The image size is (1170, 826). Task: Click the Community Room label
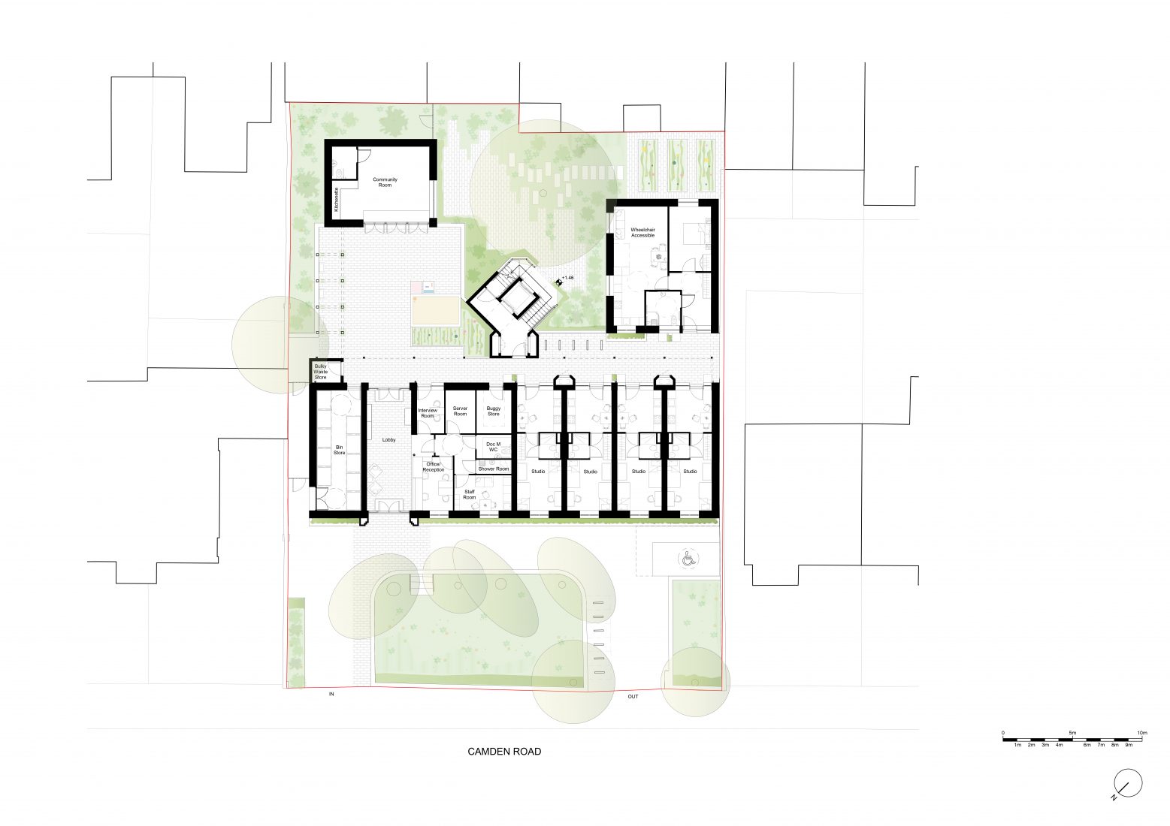(x=385, y=182)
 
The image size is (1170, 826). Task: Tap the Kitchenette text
(x=337, y=202)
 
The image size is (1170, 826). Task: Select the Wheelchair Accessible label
(x=642, y=233)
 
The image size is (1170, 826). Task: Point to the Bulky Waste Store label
(x=321, y=372)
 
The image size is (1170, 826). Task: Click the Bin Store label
(x=339, y=451)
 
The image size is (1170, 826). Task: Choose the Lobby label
(x=388, y=440)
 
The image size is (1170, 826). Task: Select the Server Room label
(x=460, y=411)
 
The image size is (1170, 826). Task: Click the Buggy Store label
(x=493, y=411)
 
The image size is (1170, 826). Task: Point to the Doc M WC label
(x=494, y=448)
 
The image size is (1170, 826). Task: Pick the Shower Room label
(x=494, y=469)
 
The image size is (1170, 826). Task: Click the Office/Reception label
(x=434, y=467)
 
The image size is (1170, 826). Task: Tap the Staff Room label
(x=470, y=495)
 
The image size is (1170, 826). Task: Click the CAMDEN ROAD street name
(x=504, y=751)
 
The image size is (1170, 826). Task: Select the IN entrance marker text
(x=331, y=695)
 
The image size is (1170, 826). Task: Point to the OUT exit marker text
(x=633, y=696)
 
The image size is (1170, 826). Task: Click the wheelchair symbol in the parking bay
(x=688, y=558)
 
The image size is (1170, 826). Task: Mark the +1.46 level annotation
(x=567, y=279)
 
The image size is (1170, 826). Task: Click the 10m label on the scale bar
(x=1142, y=732)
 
